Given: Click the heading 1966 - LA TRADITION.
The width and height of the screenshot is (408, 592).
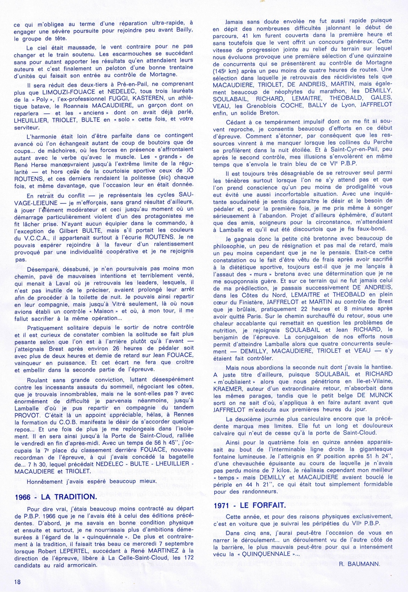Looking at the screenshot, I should pos(55,497).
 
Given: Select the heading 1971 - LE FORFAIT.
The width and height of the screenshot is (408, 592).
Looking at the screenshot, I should pos(249,506).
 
